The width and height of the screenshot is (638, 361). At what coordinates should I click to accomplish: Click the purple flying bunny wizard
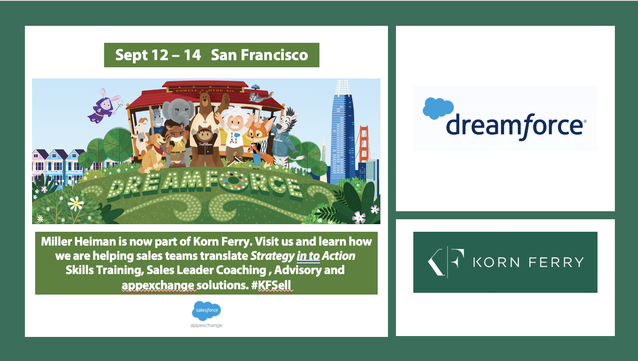point(104,106)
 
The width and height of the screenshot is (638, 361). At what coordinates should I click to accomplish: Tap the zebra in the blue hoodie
point(285,137)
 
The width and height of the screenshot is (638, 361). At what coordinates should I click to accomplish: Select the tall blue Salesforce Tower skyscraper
point(342,131)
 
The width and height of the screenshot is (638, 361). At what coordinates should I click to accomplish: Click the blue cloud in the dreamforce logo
point(438,108)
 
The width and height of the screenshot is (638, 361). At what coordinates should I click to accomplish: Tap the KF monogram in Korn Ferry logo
point(446,262)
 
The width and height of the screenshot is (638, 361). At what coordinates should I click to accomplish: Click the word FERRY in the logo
point(556,262)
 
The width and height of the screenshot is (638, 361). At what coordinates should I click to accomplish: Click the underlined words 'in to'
point(308,256)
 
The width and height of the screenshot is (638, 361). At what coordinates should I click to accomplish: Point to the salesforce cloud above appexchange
point(206,311)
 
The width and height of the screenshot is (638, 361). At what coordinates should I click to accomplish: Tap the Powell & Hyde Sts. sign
point(206,90)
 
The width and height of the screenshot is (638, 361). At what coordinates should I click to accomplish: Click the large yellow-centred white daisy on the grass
point(76,204)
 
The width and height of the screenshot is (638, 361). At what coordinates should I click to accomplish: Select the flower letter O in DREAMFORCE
point(234,180)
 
